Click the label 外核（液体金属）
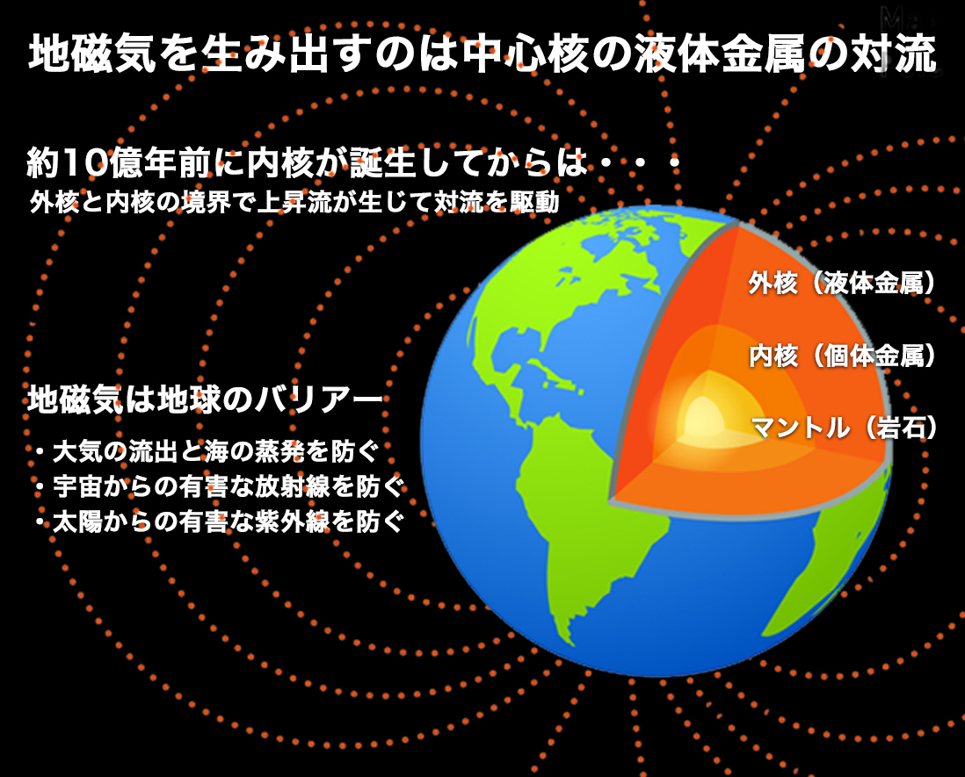click(841, 283)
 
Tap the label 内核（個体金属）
click(842, 356)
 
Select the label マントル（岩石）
click(843, 428)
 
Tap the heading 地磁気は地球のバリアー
click(205, 400)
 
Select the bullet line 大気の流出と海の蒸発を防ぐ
click(207, 452)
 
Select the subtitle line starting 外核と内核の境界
click(294, 202)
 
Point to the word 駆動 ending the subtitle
click(534, 202)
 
